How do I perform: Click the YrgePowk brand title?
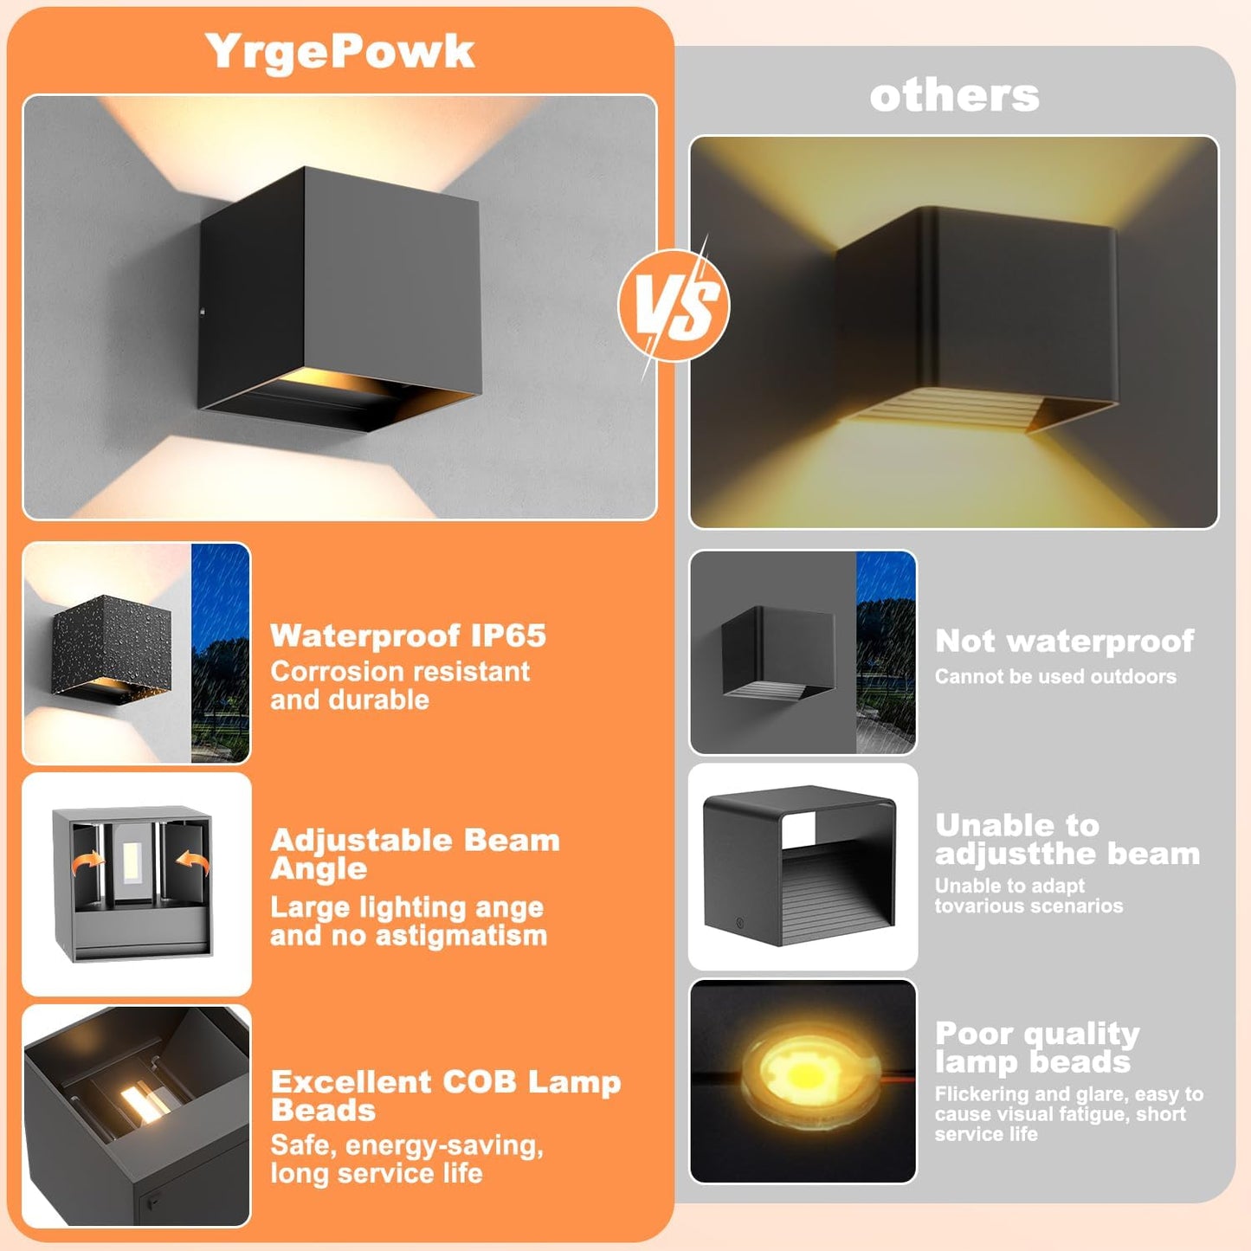(340, 53)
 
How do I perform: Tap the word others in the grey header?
(954, 96)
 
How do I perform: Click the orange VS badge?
(674, 305)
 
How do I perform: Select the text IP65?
(508, 635)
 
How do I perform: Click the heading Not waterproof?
(1065, 642)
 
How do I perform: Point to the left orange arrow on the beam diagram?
(88, 863)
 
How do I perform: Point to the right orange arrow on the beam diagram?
(193, 863)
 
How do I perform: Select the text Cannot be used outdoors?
(1055, 676)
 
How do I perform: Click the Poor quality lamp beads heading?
(1037, 1048)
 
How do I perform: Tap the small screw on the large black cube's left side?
(203, 312)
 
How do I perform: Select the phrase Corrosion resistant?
(400, 671)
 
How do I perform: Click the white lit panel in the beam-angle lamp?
(133, 861)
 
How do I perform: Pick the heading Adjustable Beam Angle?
(415, 854)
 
